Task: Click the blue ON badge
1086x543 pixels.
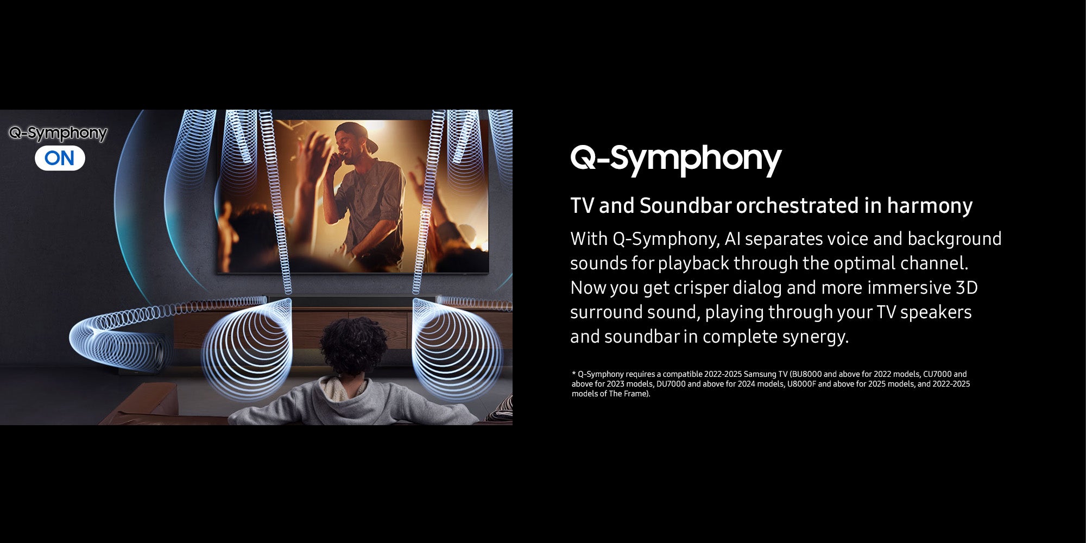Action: click(x=60, y=158)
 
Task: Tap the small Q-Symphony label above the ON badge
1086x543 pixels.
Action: click(x=58, y=133)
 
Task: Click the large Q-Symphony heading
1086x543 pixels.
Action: click(x=676, y=160)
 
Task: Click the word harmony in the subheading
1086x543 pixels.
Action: click(x=930, y=206)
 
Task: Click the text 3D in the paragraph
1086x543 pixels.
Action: click(x=967, y=287)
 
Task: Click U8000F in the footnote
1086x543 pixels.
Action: click(x=801, y=384)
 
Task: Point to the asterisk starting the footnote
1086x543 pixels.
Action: click(x=573, y=373)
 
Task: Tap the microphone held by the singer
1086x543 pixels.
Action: click(x=338, y=157)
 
